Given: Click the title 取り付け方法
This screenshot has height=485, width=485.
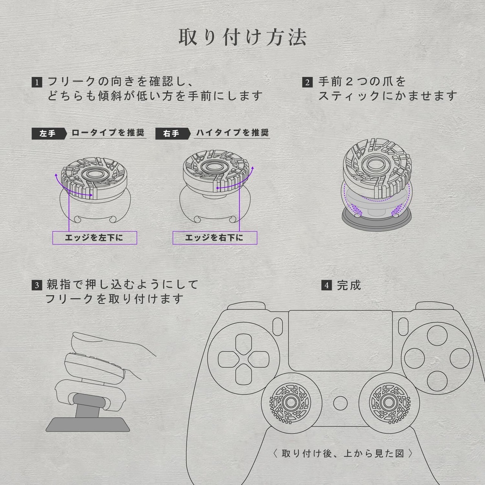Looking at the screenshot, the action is (x=242, y=38).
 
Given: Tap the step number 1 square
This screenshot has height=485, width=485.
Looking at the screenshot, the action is (x=36, y=82).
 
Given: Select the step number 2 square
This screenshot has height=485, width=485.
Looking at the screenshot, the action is (x=307, y=82).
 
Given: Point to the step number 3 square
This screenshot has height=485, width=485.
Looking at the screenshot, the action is (x=36, y=285).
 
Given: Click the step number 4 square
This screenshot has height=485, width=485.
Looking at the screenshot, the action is (x=327, y=285).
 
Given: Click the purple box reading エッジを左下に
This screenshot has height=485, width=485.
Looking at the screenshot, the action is (x=94, y=238).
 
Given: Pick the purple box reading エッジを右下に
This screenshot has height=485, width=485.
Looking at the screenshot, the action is (x=214, y=238).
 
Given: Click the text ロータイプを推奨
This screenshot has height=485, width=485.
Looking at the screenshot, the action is (x=108, y=133).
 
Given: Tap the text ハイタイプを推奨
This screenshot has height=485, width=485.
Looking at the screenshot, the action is (x=232, y=133).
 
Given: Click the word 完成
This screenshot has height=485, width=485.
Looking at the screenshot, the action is (x=349, y=285).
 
